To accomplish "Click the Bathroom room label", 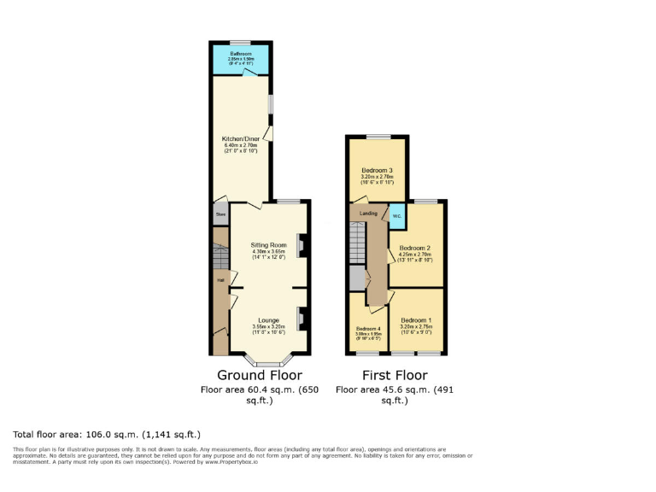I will point(242,54).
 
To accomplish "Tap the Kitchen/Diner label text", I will point(240,138).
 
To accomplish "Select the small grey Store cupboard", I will point(220,214).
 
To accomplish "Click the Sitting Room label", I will point(266,244).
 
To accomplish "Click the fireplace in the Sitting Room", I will point(301,245).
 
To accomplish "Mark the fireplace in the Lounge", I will point(301,319).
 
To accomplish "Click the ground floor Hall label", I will point(220,280).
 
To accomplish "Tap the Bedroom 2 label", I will point(415,248).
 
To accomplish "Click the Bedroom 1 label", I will point(416,320).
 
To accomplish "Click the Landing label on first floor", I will point(368,214).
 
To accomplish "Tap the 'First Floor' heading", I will point(394,375).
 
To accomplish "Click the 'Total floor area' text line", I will point(107,434).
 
